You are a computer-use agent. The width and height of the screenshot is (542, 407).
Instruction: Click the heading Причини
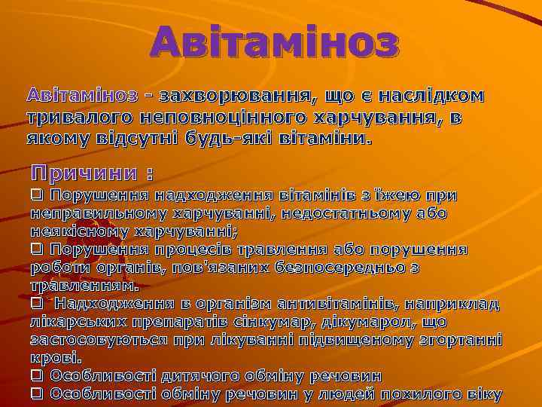point(83,173)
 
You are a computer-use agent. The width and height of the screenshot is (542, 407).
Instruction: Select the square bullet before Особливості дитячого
point(36,375)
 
